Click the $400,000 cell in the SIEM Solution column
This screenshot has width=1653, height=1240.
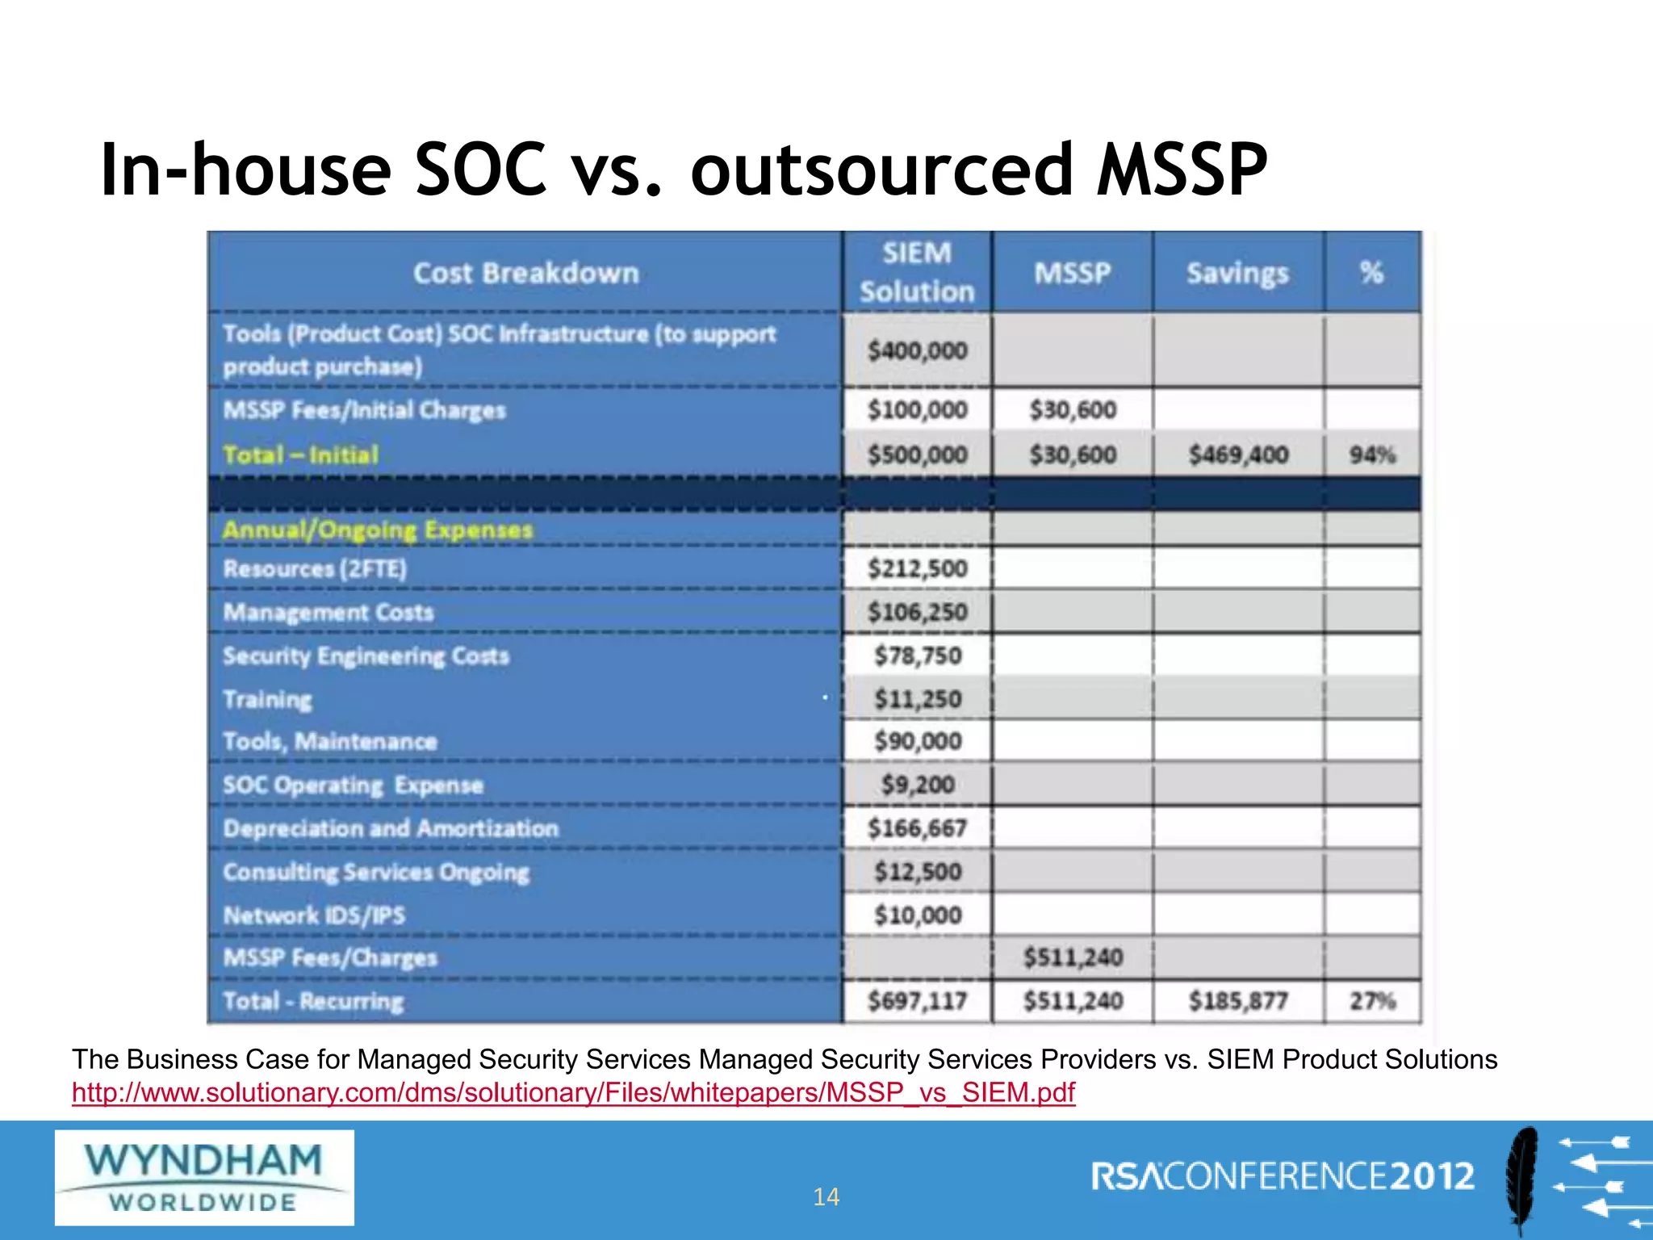(917, 351)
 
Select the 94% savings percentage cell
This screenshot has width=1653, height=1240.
(1372, 455)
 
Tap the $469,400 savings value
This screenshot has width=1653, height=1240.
(1238, 455)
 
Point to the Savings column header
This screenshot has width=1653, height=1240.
(1237, 274)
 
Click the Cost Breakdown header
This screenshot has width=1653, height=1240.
(525, 274)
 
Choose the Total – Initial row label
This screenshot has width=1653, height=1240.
(300, 455)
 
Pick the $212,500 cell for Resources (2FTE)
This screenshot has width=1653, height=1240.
(917, 569)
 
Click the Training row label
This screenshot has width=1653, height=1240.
(267, 699)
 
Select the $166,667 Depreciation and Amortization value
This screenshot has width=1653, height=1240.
(917, 828)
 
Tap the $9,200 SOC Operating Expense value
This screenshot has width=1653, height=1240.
(918, 785)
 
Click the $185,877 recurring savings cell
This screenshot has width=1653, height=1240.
(1238, 1002)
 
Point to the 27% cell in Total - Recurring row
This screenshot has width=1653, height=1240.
(1372, 1002)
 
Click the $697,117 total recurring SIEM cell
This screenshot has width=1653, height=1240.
(917, 1002)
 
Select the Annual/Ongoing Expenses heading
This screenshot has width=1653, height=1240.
(378, 530)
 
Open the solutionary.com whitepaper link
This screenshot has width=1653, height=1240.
(573, 1092)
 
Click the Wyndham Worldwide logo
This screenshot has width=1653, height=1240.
(204, 1177)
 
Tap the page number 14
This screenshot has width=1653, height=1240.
(826, 1196)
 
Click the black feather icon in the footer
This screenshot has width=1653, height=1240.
(1521, 1179)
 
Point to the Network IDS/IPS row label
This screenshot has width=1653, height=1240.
(314, 915)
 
